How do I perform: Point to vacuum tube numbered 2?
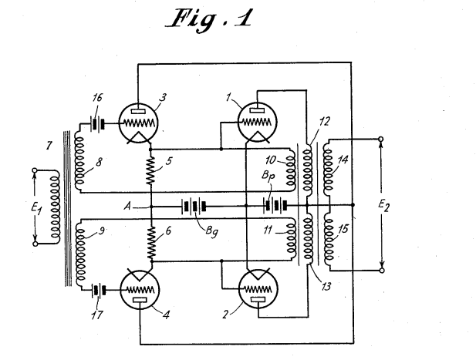pos(255,288)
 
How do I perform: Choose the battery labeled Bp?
pos(275,206)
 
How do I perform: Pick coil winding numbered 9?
pos(79,248)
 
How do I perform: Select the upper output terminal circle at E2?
pos(380,140)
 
